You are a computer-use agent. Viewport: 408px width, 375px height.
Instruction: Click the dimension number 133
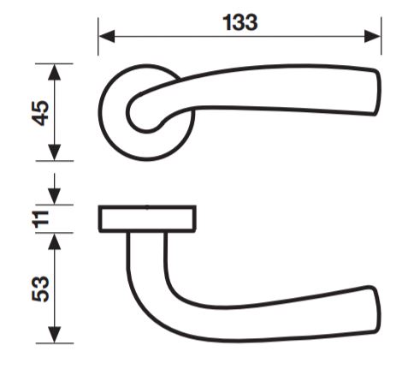point(240,22)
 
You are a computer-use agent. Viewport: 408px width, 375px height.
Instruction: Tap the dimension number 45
point(40,113)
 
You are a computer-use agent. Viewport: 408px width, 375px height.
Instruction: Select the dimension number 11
point(41,219)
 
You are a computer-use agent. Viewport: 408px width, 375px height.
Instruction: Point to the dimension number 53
point(40,289)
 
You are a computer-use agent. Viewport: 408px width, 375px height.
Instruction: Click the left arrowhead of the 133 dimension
point(106,36)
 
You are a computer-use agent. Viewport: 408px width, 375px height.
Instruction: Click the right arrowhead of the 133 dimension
point(373,36)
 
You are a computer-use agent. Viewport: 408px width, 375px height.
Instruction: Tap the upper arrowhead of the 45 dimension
point(54,72)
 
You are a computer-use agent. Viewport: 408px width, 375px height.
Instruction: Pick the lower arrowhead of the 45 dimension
point(54,152)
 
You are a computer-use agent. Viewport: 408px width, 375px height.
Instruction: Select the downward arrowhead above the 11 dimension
point(54,196)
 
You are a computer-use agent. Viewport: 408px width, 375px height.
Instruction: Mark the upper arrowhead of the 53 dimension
point(54,241)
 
